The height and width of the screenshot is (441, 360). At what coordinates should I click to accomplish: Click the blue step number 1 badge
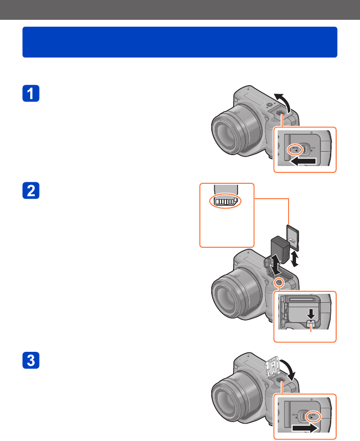click(31, 95)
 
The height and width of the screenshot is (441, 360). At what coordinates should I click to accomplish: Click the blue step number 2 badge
click(31, 192)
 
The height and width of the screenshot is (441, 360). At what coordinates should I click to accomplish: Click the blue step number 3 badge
click(31, 360)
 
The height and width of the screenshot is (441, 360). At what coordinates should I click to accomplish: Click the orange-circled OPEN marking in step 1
click(294, 149)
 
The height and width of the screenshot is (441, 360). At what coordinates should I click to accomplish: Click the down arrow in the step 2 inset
click(310, 313)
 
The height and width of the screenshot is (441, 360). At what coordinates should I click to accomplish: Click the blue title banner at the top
click(180, 42)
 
